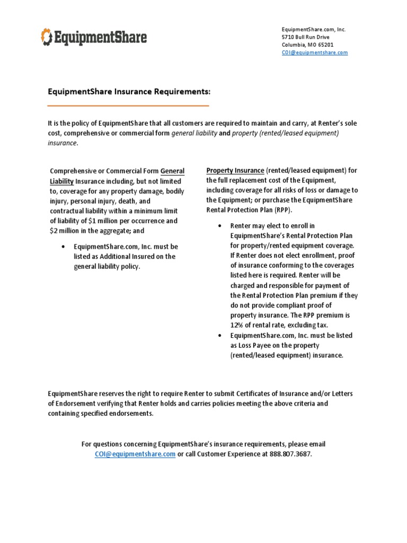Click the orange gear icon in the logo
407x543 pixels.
click(x=47, y=38)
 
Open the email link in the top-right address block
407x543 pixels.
click(x=314, y=52)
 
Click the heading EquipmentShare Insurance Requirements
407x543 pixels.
click(x=129, y=92)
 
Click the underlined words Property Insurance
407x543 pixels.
click(x=235, y=170)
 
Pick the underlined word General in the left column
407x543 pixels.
click(x=172, y=171)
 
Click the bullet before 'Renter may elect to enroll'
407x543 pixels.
click(x=219, y=226)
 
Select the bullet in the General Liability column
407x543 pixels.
click(x=63, y=247)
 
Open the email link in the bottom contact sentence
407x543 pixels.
click(x=135, y=454)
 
